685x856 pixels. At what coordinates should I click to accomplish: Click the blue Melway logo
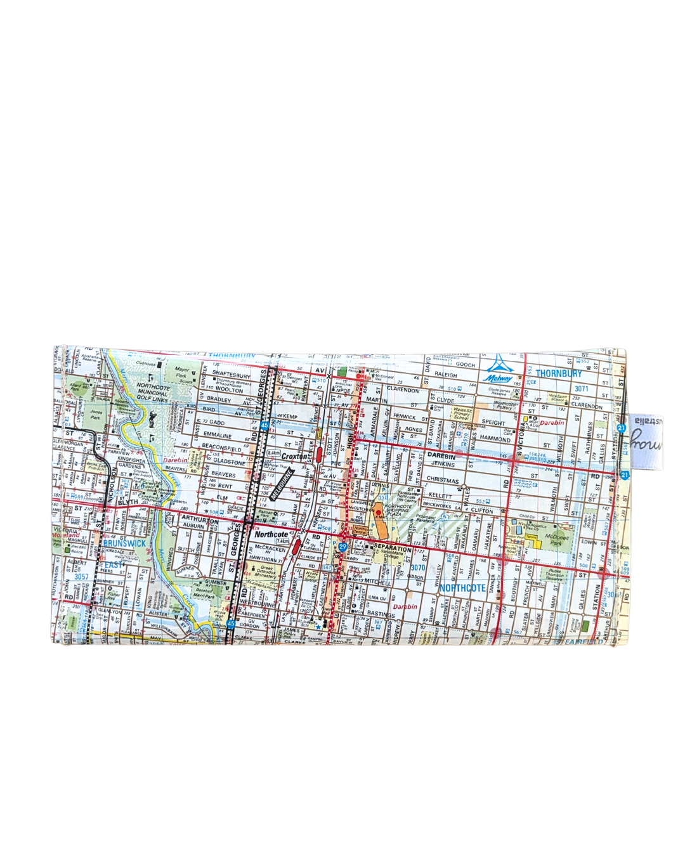point(499,370)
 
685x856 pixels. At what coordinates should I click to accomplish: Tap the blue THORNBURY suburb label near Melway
point(558,373)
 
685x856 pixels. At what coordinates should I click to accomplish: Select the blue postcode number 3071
point(581,389)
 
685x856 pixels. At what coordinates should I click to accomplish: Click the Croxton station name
point(294,456)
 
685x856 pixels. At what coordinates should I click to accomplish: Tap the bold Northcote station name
point(271,534)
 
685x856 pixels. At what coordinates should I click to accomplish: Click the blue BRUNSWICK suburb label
point(124,543)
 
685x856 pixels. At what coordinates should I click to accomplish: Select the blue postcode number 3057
point(81,576)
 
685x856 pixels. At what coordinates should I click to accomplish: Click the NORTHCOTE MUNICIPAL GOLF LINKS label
point(153,392)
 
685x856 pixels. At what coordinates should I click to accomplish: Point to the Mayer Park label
point(182,372)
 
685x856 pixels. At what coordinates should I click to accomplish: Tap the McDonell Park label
point(556,540)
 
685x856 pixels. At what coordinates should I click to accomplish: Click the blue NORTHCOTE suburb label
point(462,588)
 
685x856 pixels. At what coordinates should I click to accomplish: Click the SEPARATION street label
point(392,547)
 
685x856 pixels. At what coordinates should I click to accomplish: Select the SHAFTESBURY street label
point(231,375)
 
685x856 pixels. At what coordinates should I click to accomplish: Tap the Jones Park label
point(95,415)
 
